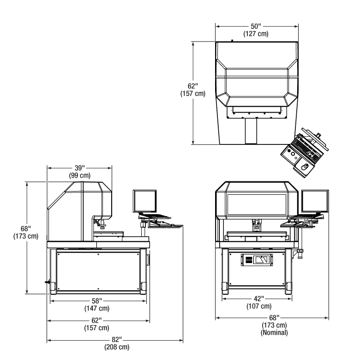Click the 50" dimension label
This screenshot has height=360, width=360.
click(x=256, y=26)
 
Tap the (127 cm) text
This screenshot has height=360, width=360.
click(x=256, y=34)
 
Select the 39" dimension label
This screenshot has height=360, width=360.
click(x=80, y=168)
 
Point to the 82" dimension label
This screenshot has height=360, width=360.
click(x=117, y=339)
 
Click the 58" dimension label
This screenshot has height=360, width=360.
click(x=96, y=301)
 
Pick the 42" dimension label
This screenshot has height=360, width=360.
click(x=259, y=299)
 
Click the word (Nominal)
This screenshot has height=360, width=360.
click(x=274, y=332)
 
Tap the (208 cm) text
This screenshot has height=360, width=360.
click(x=117, y=347)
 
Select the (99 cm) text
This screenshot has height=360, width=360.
click(x=80, y=175)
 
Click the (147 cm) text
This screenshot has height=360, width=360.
click(x=97, y=308)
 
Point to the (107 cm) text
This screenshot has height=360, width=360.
click(x=259, y=306)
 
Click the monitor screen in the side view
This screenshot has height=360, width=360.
click(x=144, y=201)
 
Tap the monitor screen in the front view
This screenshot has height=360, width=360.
click(x=315, y=201)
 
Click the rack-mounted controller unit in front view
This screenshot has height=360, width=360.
click(x=257, y=260)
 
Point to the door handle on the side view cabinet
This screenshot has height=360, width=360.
click(x=148, y=259)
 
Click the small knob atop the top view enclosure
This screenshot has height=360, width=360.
click(x=232, y=41)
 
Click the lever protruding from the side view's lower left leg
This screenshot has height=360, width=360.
click(x=48, y=282)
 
